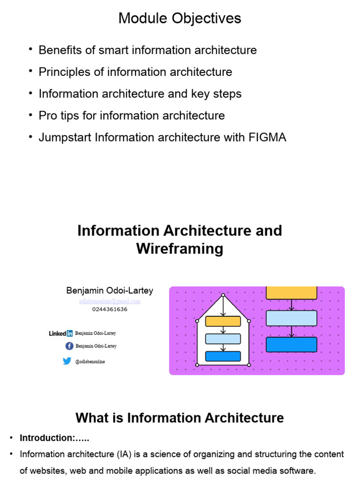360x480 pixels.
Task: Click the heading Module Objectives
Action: [x=180, y=18]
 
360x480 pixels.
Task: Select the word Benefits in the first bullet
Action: [x=58, y=50]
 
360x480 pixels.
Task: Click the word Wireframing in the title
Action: [x=180, y=248]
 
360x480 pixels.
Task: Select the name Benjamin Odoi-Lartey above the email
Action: [x=110, y=291]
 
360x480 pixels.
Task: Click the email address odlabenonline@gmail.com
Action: [x=110, y=301]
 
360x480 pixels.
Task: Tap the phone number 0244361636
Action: [x=110, y=309]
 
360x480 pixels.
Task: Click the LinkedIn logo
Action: [x=60, y=333]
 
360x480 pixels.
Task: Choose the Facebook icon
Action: [x=69, y=346]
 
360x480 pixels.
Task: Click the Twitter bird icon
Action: [x=67, y=361]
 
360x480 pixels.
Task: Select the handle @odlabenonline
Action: [x=90, y=361]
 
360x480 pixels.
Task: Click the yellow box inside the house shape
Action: [x=223, y=321]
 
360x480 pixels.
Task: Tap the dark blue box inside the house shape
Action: [x=223, y=356]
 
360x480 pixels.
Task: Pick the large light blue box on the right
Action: [x=292, y=318]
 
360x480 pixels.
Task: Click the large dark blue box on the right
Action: [x=292, y=345]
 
